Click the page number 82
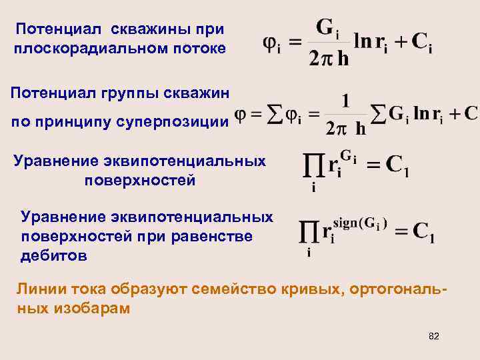pyautogui.click(x=434, y=336)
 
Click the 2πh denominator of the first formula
pyautogui.click(x=330, y=59)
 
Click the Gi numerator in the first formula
pyautogui.click(x=329, y=27)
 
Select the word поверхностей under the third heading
pyautogui.click(x=141, y=180)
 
